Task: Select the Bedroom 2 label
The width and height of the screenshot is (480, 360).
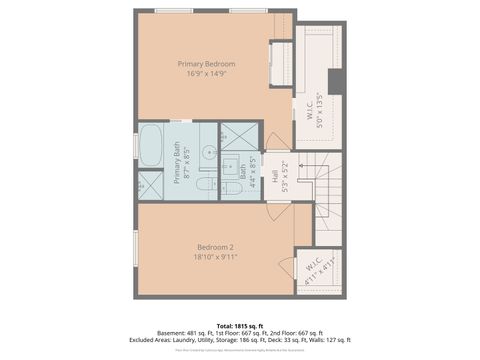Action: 215,247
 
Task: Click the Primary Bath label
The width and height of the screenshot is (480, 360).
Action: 176,161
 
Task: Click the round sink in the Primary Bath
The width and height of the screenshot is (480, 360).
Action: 207,153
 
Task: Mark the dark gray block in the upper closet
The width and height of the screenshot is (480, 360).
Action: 335,81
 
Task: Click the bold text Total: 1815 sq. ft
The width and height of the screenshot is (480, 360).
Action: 240,325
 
